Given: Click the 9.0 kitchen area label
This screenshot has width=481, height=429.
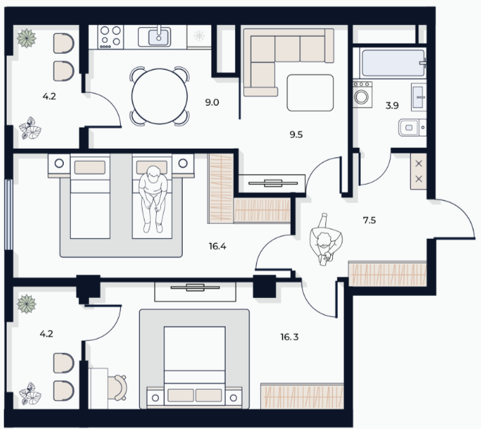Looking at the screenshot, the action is point(212,102).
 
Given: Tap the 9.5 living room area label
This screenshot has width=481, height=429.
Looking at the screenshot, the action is point(296,134).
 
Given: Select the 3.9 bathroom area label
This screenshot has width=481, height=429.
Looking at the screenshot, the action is point(392,106).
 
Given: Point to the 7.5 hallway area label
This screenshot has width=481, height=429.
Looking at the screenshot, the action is point(370,220).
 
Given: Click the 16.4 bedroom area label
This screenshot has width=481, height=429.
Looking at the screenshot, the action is point(217,246).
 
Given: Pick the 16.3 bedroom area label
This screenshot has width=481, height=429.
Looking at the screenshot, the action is point(289,337).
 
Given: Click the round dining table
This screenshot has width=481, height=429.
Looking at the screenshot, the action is point(160,96).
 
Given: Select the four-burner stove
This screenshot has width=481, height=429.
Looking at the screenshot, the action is point(111,37).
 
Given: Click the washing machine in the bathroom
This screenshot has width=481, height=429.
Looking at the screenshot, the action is point(362,94).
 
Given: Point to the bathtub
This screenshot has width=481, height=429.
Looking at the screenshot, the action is point(393,63).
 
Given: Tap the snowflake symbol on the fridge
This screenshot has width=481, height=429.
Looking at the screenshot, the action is point(199,36).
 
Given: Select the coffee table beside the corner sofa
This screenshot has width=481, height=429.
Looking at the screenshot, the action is point(310,93).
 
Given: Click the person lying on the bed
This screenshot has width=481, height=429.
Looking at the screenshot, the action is point(153,199).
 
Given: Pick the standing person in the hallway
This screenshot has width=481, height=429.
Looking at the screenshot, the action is point(325,240).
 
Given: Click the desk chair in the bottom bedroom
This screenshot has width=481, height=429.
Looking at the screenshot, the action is point(117,388).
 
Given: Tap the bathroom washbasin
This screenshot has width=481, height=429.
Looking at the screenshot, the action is point(418,97).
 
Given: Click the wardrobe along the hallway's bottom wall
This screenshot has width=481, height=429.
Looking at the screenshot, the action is point(388,274).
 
